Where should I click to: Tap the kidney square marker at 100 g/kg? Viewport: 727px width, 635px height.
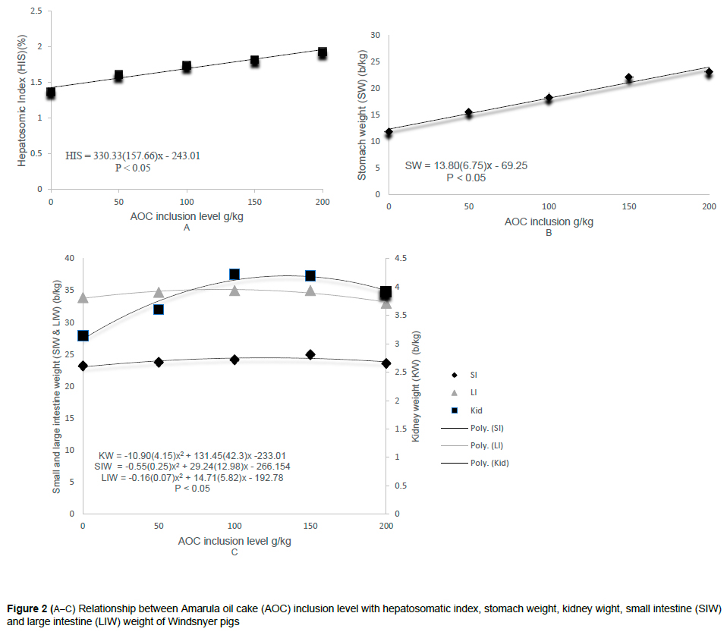(x=234, y=275)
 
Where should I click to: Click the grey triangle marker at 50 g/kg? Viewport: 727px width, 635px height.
(x=159, y=293)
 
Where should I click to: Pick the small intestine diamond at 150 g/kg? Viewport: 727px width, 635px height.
(x=310, y=354)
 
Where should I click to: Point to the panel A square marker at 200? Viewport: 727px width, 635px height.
(x=323, y=53)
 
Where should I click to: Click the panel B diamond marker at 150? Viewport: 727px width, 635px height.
(x=629, y=78)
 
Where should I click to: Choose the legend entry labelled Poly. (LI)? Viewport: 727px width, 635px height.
(x=467, y=445)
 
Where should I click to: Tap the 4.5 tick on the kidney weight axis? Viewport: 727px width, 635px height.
(x=401, y=259)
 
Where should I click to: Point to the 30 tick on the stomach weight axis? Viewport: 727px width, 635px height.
(x=374, y=35)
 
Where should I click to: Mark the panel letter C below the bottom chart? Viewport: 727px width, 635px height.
(x=234, y=552)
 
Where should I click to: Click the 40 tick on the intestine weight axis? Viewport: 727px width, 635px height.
(x=68, y=259)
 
